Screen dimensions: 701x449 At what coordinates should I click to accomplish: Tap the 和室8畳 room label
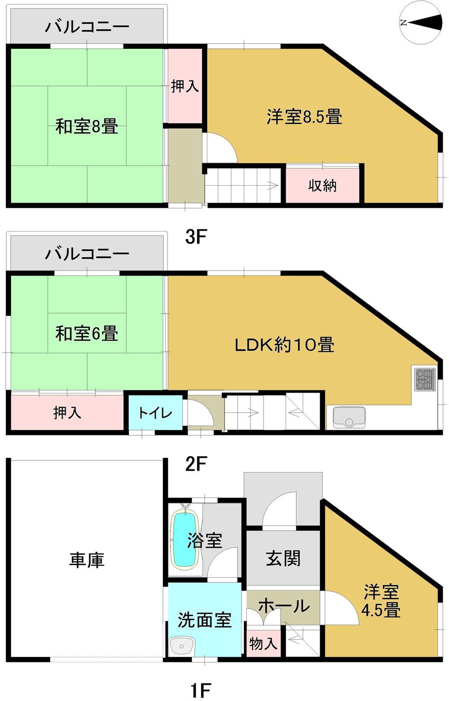click(87, 126)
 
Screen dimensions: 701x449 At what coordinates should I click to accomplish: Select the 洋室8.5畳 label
click(304, 117)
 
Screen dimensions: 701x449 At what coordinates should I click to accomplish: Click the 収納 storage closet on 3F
click(322, 185)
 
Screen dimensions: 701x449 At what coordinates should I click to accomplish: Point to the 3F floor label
click(196, 237)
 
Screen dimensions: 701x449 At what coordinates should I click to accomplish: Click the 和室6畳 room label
click(87, 333)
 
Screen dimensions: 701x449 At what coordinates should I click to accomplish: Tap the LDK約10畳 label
click(285, 345)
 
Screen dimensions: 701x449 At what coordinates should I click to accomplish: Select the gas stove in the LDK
click(424, 379)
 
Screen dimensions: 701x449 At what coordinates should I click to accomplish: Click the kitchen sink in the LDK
click(349, 417)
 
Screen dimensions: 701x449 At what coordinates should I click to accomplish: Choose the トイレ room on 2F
click(155, 412)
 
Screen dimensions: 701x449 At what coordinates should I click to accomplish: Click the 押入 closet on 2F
click(67, 412)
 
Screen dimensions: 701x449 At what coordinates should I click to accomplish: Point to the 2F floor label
click(196, 464)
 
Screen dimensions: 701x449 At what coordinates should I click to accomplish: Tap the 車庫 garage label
click(87, 560)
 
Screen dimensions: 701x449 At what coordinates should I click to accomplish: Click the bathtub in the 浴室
click(185, 540)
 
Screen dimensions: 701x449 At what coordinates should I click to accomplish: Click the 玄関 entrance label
click(283, 559)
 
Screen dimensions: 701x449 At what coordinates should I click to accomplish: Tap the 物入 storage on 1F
click(263, 644)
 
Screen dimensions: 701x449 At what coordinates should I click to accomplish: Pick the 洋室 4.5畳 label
click(381, 601)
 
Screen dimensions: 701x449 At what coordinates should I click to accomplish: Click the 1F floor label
click(200, 689)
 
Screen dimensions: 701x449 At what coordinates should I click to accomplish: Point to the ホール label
click(284, 606)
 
